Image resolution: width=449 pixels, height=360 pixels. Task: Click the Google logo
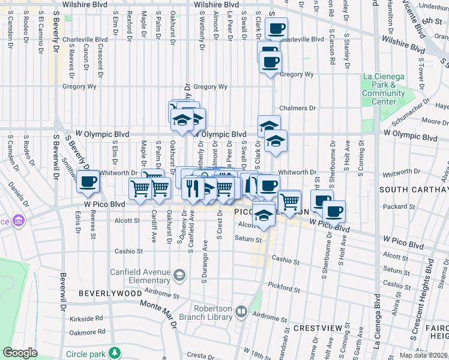tap(20, 353)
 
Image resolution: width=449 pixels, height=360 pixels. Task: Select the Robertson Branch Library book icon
tap(241, 311)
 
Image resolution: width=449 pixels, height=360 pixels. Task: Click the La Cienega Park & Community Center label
tap(384, 89)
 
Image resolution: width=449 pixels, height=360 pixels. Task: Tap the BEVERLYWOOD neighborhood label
tap(110, 293)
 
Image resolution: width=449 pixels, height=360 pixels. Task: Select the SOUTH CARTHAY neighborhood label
tap(414, 190)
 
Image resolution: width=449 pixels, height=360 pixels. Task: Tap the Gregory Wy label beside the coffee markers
tap(297, 74)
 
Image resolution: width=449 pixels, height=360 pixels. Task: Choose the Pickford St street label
tap(284, 288)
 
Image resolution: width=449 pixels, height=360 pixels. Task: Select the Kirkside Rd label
tap(86, 319)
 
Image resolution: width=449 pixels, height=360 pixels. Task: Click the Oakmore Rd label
tap(87, 331)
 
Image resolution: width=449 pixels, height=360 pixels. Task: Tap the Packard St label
tap(395, 207)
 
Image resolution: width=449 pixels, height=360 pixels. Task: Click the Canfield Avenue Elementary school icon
tap(179, 275)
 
